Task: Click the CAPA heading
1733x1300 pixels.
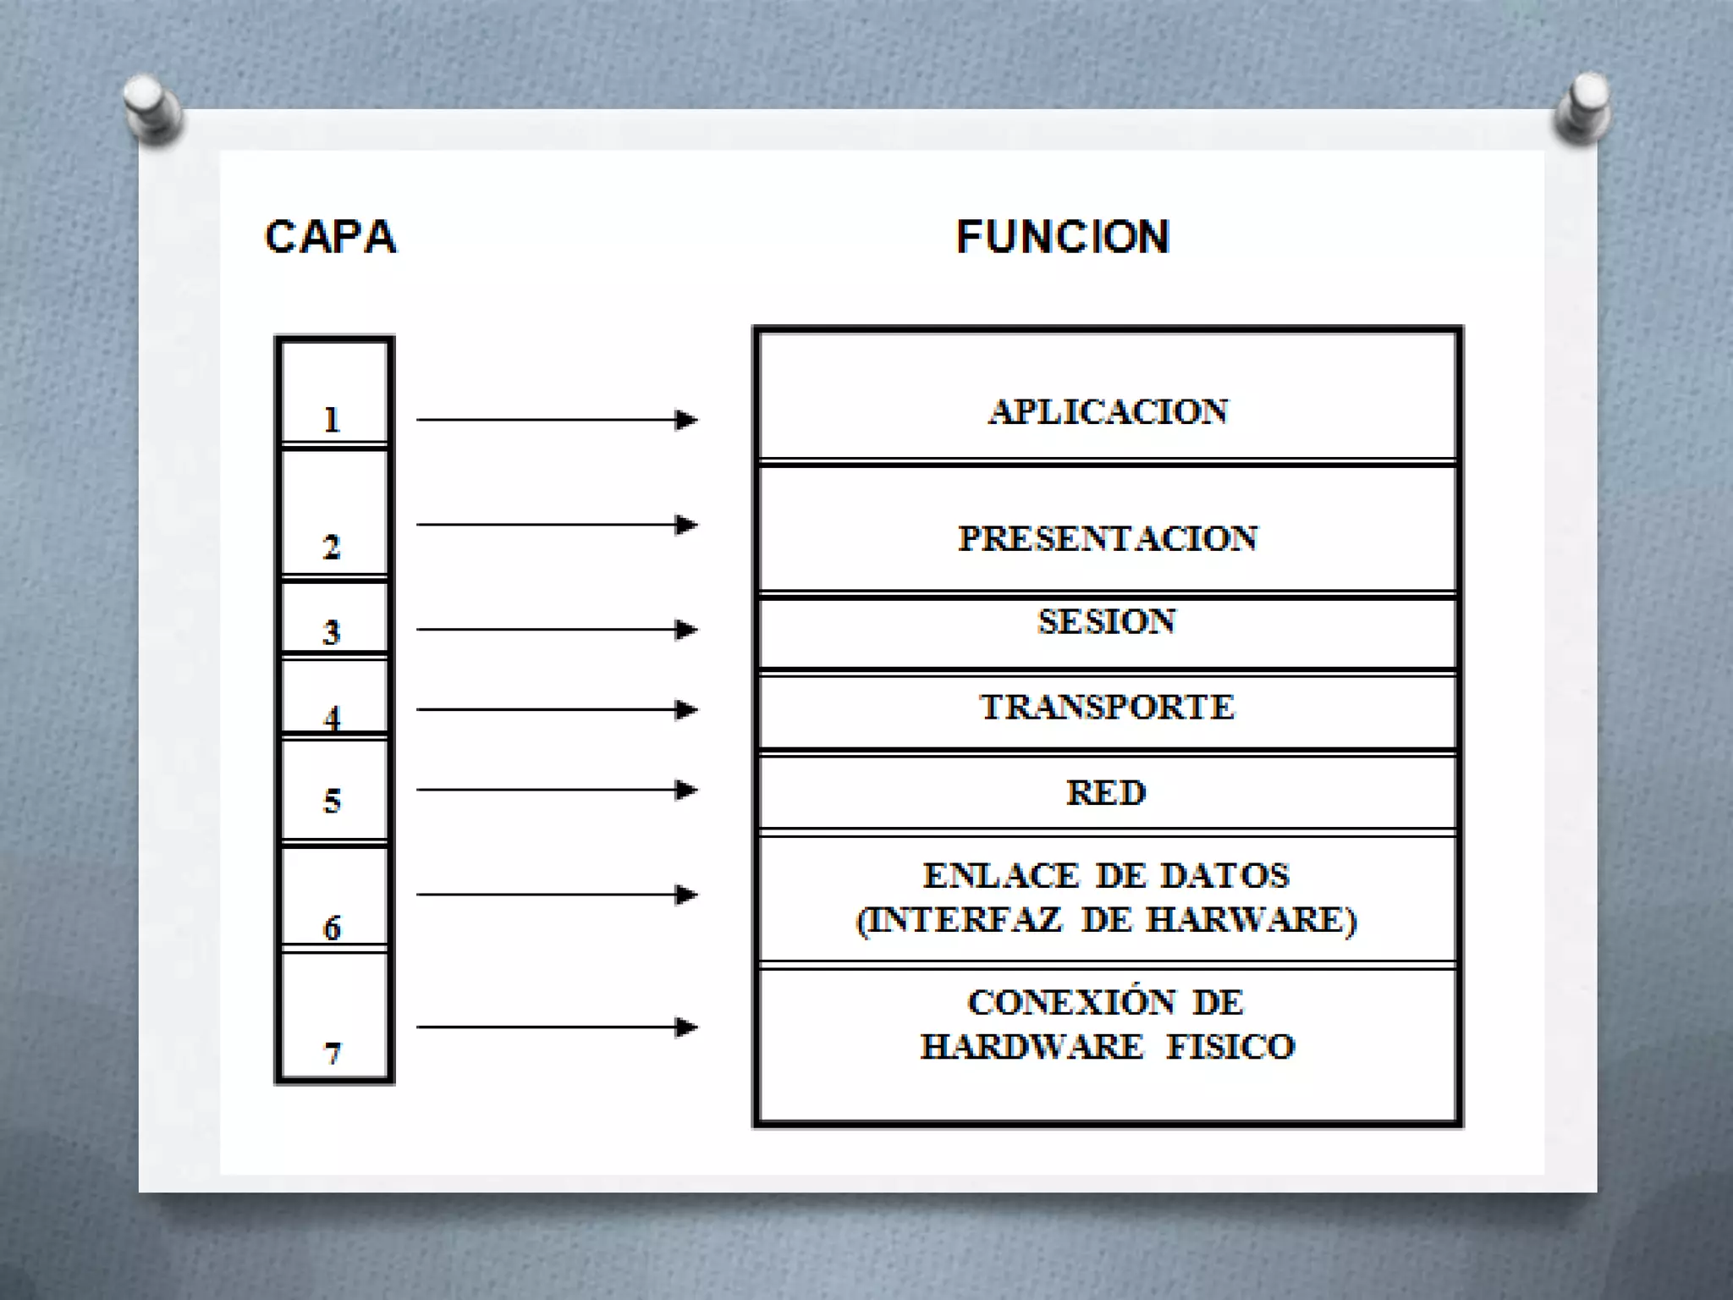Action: (x=330, y=237)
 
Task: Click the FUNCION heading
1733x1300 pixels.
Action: (x=1063, y=237)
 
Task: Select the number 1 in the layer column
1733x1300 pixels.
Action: (x=332, y=420)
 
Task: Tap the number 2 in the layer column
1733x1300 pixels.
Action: (x=332, y=548)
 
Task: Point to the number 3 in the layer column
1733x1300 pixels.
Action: (x=332, y=632)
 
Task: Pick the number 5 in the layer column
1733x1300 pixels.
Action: (x=332, y=801)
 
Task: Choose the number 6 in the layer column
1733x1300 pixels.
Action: (x=332, y=928)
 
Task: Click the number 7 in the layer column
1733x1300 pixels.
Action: (x=332, y=1054)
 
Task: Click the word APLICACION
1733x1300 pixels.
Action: (x=1108, y=412)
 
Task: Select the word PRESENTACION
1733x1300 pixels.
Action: (x=1108, y=538)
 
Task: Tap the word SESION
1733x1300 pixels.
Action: (x=1107, y=621)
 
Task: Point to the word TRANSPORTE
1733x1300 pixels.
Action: (x=1107, y=707)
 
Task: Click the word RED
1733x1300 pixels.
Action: (x=1106, y=793)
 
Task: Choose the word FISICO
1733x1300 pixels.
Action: (x=1231, y=1047)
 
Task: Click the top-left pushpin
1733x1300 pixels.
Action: (x=152, y=107)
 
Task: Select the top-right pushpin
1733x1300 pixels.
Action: (x=1582, y=107)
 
